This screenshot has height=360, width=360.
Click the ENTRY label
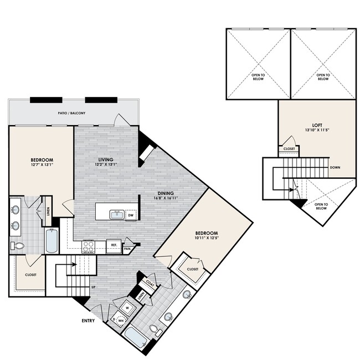point(88,320)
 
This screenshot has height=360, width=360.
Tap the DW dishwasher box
point(131,216)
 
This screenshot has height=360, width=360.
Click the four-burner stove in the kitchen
point(89,246)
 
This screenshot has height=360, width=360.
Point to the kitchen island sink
point(116,215)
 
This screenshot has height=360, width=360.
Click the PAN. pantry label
point(127,249)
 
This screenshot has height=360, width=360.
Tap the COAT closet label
point(150,281)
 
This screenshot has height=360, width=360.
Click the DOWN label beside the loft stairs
point(335,167)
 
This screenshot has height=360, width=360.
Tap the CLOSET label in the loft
point(289,149)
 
